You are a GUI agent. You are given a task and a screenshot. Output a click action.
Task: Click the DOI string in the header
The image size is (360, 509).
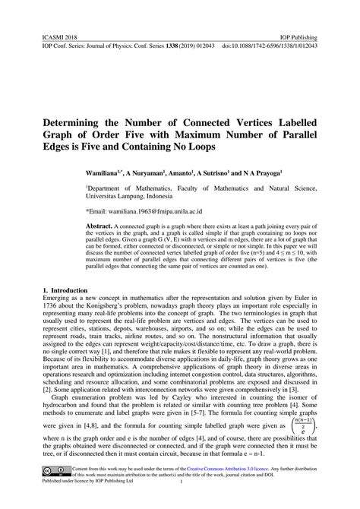270,46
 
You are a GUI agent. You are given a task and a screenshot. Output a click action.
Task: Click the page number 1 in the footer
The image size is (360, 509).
181,503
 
